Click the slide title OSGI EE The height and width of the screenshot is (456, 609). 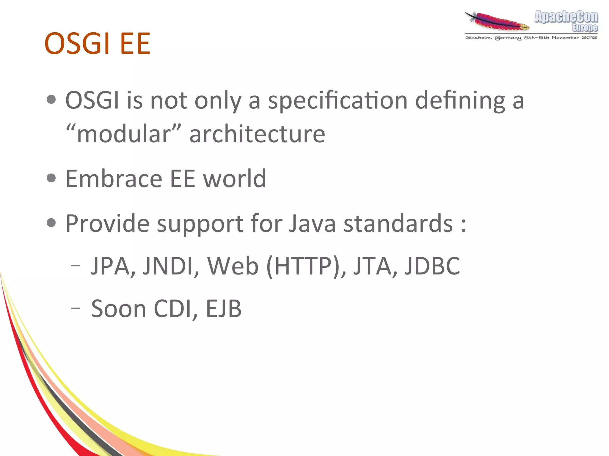[x=97, y=44]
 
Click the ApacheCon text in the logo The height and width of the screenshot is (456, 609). [x=566, y=17]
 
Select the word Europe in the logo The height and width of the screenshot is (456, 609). [x=585, y=28]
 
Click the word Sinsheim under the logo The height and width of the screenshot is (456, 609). [x=478, y=38]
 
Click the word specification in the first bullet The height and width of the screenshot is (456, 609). [x=338, y=100]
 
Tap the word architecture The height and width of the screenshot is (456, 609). [x=257, y=134]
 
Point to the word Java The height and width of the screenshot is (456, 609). [x=312, y=223]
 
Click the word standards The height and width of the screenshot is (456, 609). [x=398, y=223]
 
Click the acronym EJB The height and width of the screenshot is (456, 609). [x=224, y=309]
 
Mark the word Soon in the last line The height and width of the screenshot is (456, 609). [x=119, y=309]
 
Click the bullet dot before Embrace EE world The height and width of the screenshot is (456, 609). [x=51, y=178]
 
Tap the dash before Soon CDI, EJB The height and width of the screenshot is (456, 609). [x=76, y=308]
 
